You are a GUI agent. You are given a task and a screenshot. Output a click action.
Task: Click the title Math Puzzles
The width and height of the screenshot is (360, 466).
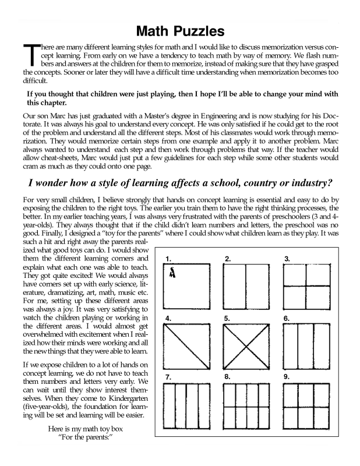(x=180, y=30)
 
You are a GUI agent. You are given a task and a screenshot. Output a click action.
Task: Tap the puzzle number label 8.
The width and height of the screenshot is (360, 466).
(x=227, y=377)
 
